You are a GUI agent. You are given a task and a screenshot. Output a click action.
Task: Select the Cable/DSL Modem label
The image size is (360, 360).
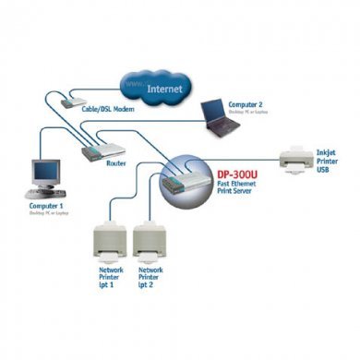[x=102, y=109]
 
